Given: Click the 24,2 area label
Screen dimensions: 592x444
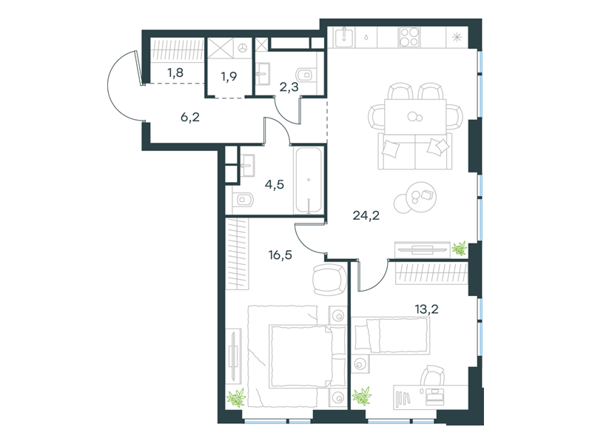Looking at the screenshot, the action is pos(366,215).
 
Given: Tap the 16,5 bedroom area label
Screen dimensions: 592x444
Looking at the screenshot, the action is pos(280,255).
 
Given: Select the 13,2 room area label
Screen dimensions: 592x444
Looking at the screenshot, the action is pos(427,309).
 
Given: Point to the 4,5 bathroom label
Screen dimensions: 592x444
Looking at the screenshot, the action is pos(274,184).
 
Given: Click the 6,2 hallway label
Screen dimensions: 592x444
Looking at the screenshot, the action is pos(190,118).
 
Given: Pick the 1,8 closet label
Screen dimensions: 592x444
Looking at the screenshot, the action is pos(175,72).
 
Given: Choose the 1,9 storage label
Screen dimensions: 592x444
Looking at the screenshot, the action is pos(229,77).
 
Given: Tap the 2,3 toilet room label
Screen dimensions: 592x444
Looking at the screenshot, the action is pos(289,87).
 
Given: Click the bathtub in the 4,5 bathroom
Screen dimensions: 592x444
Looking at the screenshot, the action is pos(309,181).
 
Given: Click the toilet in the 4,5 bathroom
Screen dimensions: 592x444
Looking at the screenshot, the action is pos(243,199).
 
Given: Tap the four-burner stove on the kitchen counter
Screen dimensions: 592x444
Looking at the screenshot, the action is pos(409,37).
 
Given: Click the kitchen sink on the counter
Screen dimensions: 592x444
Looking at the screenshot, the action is pos(344,38).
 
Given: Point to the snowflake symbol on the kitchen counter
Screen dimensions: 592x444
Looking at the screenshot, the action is pos(457,37).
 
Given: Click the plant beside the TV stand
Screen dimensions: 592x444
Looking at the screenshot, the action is pos(460,249).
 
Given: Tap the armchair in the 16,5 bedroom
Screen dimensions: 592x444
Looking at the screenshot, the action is pos(329,280).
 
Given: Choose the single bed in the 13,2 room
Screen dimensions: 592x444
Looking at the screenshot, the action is pos(391,336).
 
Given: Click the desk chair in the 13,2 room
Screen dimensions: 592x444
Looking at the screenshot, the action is pos(433,375).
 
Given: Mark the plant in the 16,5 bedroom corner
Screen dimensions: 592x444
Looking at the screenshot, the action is pos(236,397).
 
